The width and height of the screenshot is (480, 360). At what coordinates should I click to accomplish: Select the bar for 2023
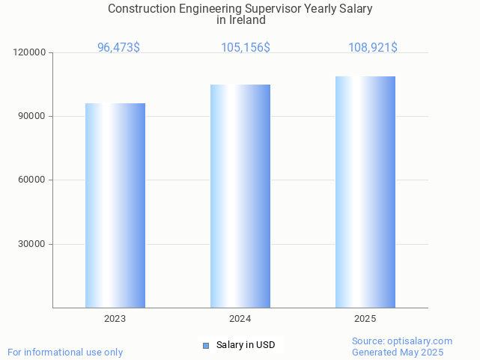[x=115, y=205]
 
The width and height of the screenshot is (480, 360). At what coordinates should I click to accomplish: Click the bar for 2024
[x=240, y=196]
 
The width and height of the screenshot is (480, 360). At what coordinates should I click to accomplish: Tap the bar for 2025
[x=365, y=192]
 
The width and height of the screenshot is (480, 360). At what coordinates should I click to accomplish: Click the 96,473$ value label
[x=118, y=48]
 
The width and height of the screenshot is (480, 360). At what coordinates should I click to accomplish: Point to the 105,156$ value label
[x=245, y=48]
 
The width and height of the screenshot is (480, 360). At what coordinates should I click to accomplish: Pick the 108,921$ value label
[x=372, y=48]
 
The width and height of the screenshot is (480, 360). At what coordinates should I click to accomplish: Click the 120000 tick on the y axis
[x=30, y=53]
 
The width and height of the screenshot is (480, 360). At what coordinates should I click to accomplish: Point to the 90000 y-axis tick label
[x=32, y=117]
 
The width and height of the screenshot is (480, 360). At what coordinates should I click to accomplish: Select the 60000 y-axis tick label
[x=32, y=180]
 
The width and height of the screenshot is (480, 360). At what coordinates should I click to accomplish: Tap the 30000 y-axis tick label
[x=32, y=244]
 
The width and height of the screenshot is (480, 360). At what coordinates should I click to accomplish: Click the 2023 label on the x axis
[x=115, y=319]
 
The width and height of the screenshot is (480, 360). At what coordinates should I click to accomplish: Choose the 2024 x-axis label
[x=240, y=319]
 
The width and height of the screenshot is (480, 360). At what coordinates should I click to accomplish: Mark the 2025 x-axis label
[x=365, y=319]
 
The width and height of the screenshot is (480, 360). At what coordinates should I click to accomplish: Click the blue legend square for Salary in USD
[x=206, y=345]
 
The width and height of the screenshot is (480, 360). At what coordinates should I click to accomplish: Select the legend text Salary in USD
[x=246, y=345]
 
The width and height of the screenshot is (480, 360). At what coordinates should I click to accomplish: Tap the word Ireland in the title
[x=247, y=20]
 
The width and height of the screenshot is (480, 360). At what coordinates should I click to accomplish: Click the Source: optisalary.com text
[x=402, y=341]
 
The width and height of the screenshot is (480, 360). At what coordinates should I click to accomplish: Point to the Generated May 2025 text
[x=398, y=353]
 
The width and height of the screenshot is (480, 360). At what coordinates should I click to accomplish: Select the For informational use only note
[x=65, y=353]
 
